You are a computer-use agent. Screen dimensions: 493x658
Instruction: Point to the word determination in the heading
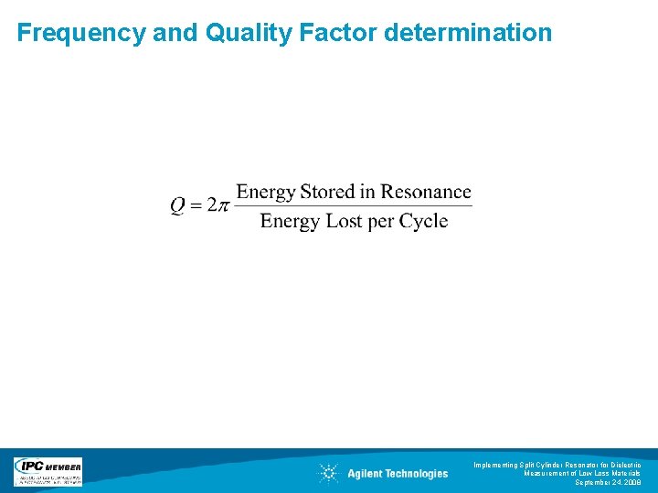[x=469, y=34]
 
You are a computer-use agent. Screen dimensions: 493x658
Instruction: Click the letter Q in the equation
[x=179, y=205]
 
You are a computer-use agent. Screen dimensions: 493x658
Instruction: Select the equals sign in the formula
[x=197, y=205]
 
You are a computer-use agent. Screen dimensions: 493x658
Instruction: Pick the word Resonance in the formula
[x=426, y=192]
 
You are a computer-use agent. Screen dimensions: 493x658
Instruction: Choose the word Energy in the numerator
[x=265, y=193]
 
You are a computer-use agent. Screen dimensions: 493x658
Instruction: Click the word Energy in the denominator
[x=289, y=222]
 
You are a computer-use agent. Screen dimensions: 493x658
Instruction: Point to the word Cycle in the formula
[x=424, y=222]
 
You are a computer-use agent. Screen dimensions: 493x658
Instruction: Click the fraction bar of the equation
[x=354, y=206]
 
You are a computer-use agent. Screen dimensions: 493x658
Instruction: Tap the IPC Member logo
[x=48, y=472]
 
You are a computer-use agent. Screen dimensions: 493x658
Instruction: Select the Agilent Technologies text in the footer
[x=398, y=474]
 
